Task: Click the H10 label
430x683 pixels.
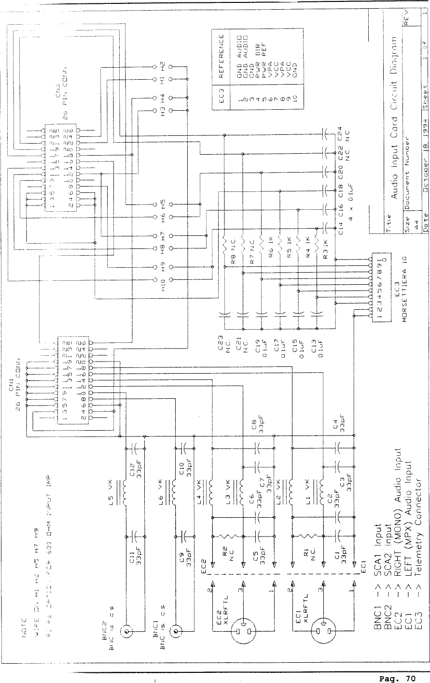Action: (164, 290)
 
